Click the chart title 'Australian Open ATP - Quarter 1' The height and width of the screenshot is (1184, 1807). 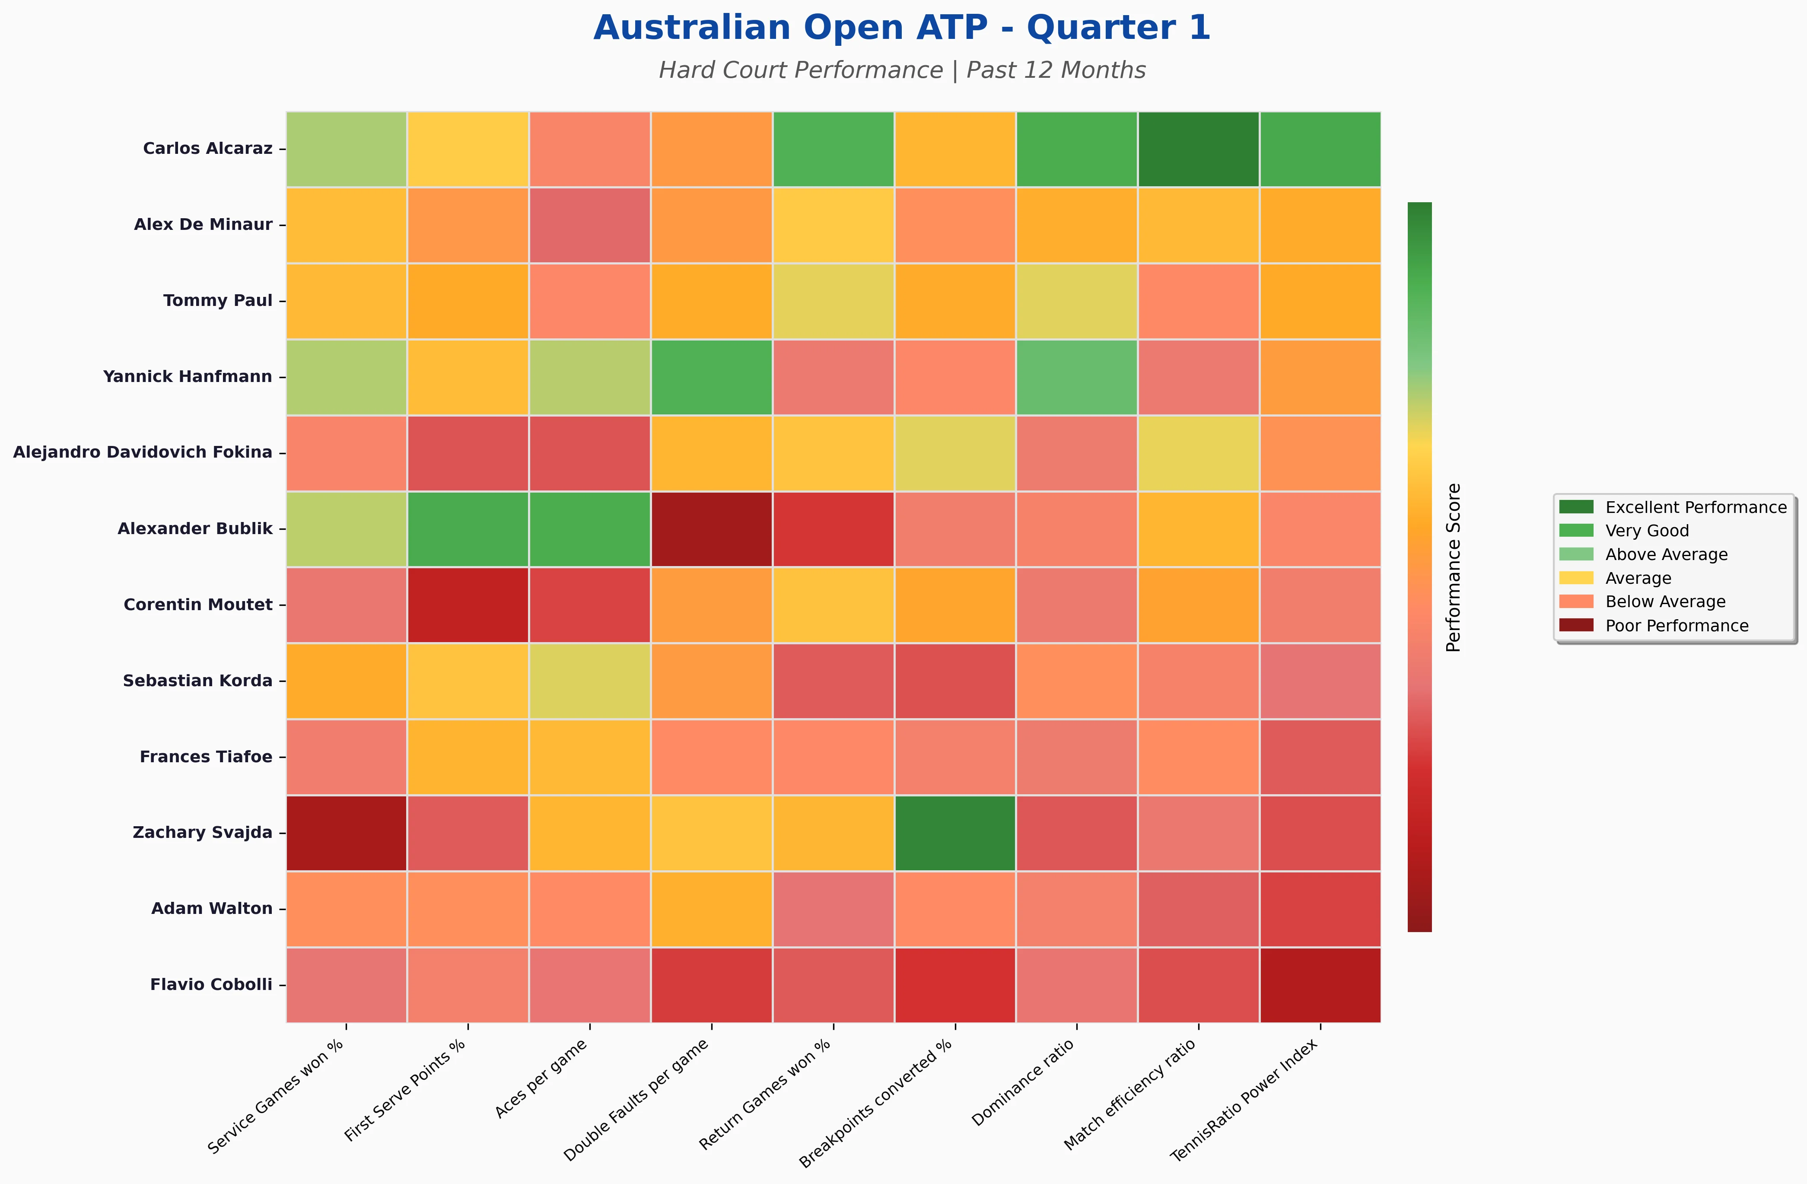[901, 28]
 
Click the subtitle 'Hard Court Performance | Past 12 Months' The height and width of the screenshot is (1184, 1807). [901, 70]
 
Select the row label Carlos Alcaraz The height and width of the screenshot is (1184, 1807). [207, 149]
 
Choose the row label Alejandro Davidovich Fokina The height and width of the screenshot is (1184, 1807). [143, 452]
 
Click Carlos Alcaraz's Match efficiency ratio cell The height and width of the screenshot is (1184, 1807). [1198, 149]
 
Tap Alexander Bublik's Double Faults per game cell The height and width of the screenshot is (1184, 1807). [711, 528]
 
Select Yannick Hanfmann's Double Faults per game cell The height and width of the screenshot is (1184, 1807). [711, 377]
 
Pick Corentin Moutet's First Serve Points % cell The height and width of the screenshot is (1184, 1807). [468, 605]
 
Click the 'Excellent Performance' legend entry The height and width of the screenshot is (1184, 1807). [1696, 507]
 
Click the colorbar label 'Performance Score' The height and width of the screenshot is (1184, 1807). [1453, 567]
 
